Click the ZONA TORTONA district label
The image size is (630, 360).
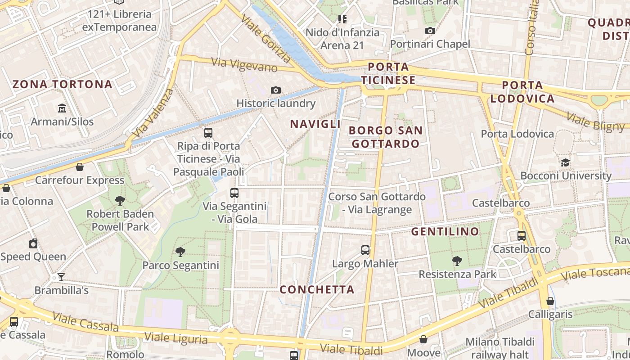(62, 84)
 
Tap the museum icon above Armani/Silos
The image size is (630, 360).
(62, 108)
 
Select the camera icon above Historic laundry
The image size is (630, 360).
(276, 90)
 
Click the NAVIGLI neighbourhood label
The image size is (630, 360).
(315, 124)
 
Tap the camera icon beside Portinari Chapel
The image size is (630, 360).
(430, 31)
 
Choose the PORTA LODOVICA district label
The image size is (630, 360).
(522, 92)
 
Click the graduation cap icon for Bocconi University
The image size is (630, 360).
(566, 162)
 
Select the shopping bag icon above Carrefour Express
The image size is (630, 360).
(80, 167)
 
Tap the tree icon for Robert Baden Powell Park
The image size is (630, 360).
(120, 200)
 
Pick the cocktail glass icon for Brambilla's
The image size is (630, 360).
(61, 277)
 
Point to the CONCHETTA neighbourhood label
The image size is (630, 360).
(317, 289)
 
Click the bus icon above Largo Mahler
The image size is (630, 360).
(365, 250)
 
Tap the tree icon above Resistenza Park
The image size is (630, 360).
(457, 261)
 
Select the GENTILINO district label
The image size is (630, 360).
(445, 232)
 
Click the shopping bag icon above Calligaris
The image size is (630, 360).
(550, 301)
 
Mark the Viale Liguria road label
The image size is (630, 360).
(176, 338)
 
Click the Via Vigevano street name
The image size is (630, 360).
(244, 65)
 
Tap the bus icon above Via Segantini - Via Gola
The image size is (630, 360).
(234, 193)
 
